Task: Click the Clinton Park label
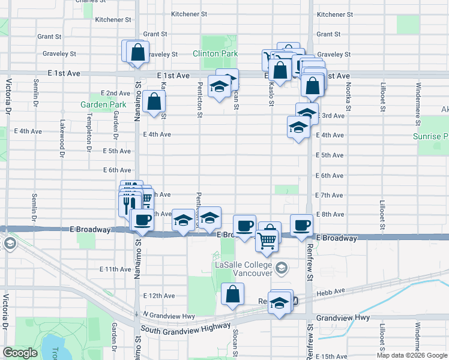pos(215,53)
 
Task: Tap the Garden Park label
pos(103,104)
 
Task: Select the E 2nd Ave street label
pos(115,93)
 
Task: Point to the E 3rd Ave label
pos(332,115)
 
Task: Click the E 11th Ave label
pos(115,269)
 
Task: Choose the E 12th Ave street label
pos(159,296)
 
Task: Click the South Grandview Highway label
pos(185,328)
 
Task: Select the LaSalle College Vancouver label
pos(244,269)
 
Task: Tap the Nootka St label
pos(348,96)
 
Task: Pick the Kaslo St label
pos(271,95)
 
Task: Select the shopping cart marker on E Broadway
pos(267,241)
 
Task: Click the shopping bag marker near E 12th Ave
pos(232,295)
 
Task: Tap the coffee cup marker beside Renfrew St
pos(301,225)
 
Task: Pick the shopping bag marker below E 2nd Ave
pos(154,101)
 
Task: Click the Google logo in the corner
pos(20,353)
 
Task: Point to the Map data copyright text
pos(411,355)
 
